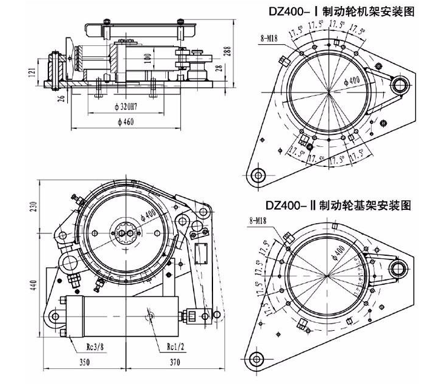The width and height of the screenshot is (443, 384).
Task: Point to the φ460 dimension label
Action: (x=125, y=122)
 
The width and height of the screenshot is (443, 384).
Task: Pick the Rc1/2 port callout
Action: (x=175, y=347)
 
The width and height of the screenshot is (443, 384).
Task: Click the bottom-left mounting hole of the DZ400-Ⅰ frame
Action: (x=258, y=175)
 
